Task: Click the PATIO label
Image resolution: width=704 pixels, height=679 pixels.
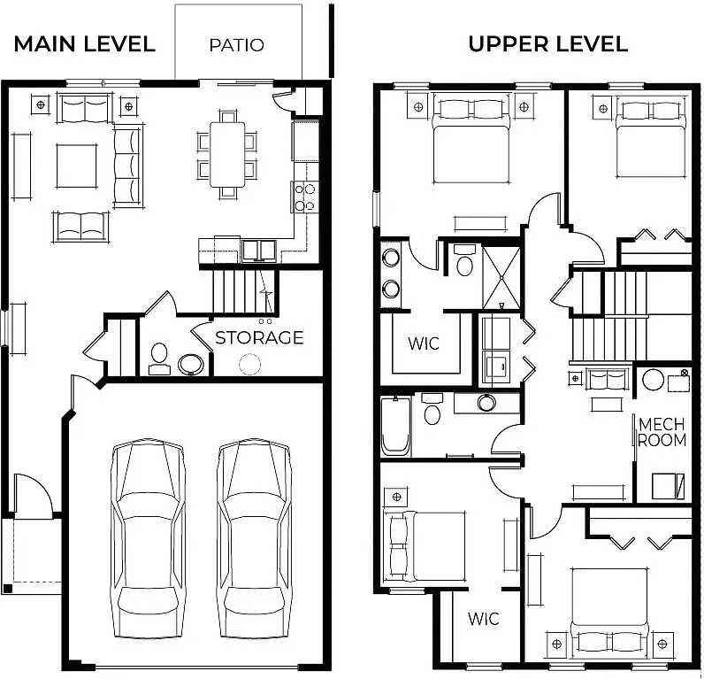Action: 237,45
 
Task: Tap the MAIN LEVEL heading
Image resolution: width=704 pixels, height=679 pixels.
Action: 84,44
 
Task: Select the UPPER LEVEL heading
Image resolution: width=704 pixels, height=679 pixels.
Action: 547,44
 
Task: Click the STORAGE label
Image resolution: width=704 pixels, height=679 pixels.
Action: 259,337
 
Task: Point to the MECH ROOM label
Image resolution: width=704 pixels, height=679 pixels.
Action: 662,432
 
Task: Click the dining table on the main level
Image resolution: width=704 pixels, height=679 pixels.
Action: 227,155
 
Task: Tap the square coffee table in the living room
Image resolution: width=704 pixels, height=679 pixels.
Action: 76,166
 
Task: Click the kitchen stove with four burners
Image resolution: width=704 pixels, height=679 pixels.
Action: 305,197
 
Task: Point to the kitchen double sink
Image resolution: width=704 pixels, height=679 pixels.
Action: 259,251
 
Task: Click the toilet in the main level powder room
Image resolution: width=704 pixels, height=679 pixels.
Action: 159,359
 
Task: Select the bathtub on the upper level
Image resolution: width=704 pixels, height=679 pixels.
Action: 395,426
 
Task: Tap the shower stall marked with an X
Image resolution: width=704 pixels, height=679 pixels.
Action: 501,277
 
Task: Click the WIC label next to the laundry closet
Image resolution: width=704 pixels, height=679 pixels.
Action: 424,343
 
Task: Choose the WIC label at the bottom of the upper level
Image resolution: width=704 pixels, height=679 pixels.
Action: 484,619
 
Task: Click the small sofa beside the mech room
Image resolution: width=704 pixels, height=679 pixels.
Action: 607,379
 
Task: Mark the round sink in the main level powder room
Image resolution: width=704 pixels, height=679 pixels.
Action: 191,365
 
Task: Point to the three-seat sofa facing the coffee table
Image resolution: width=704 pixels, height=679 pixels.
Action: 127,166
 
